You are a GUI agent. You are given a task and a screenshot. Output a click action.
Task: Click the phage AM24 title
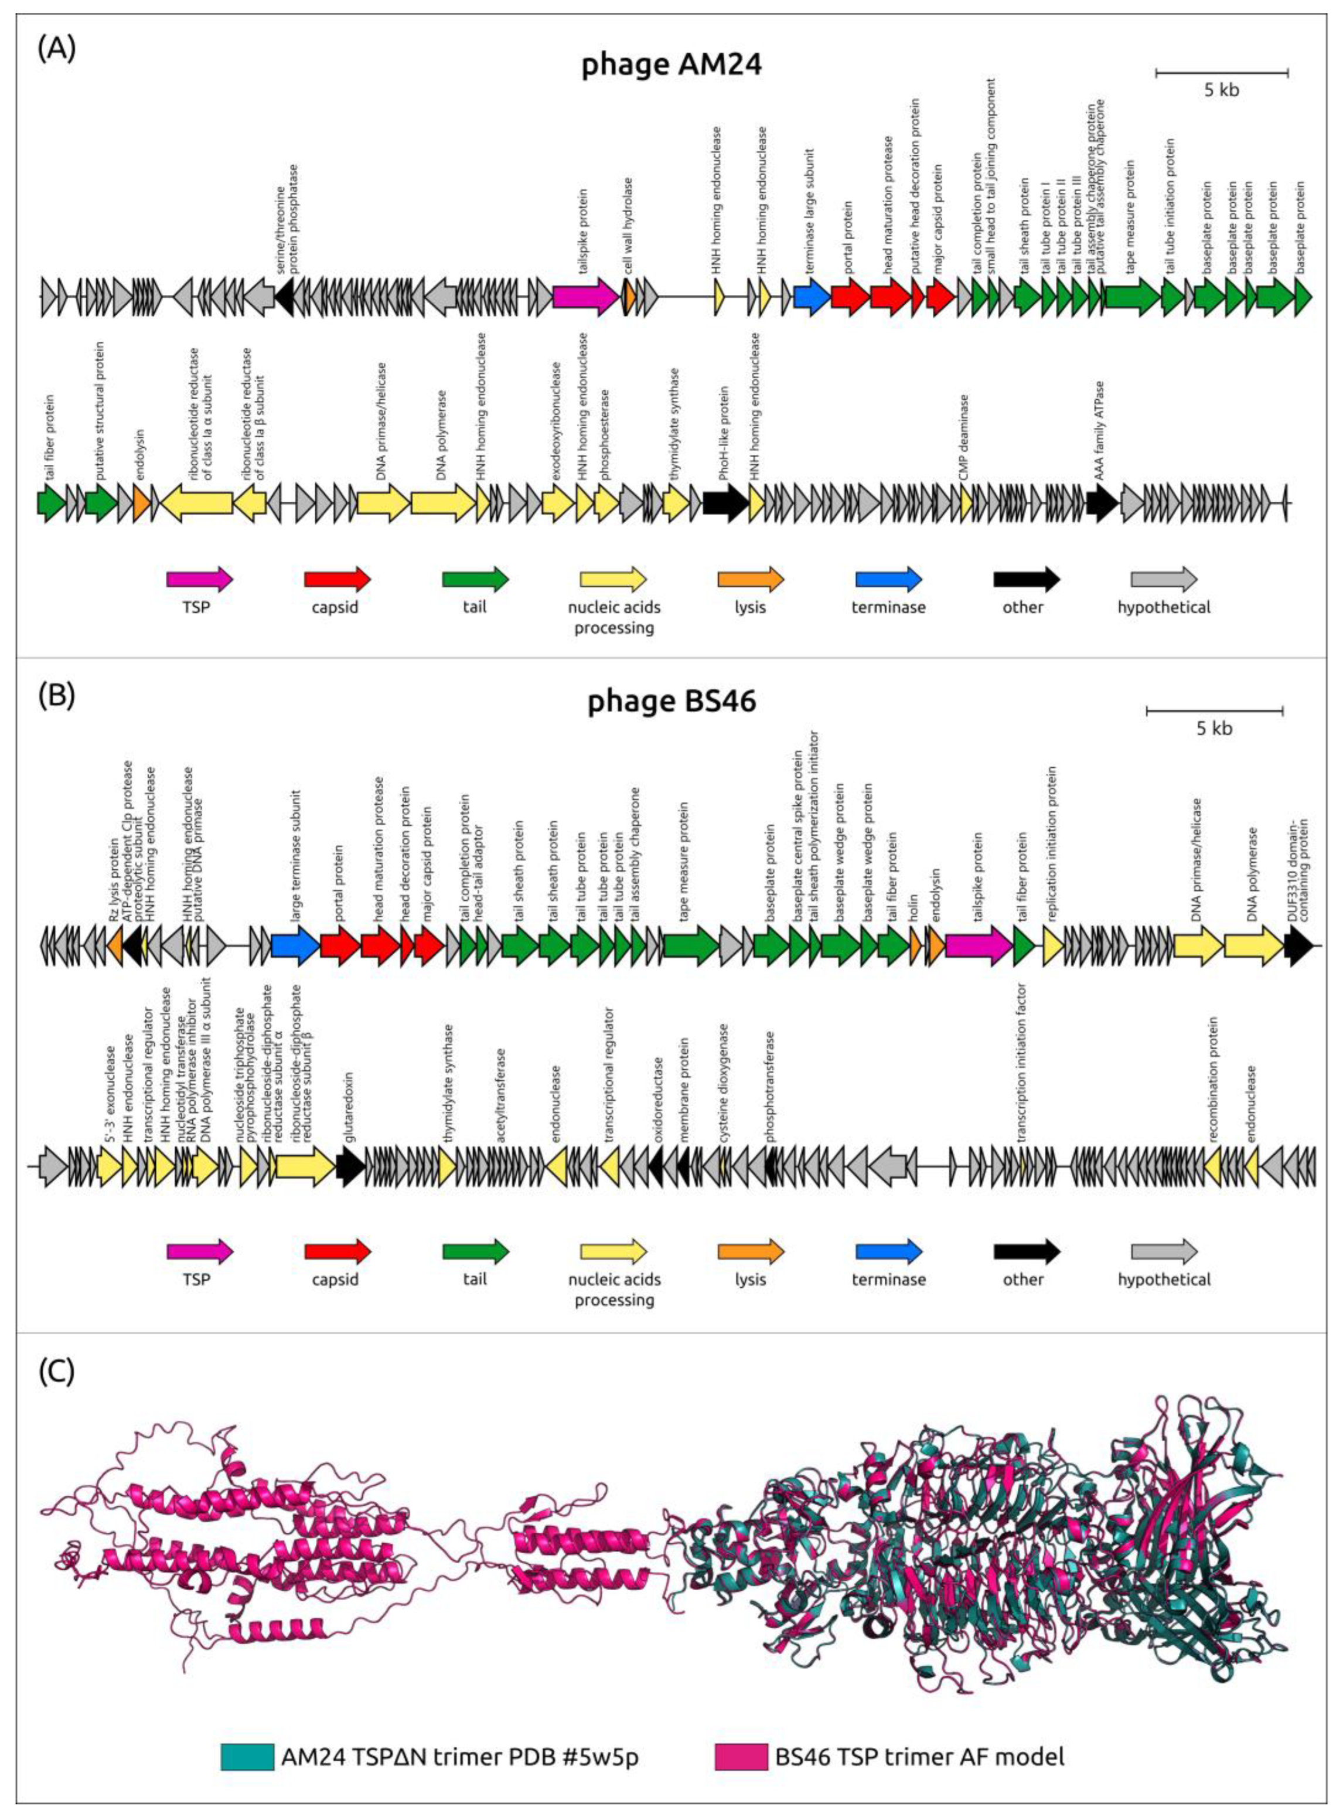pos(671,64)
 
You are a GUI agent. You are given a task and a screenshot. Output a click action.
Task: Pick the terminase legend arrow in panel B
pos(888,1251)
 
